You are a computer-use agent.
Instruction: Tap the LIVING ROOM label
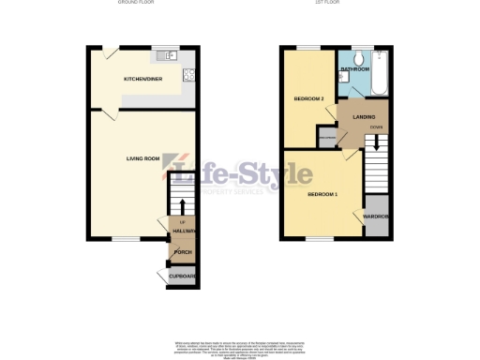tap(144, 157)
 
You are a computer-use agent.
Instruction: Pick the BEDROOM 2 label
tap(308, 98)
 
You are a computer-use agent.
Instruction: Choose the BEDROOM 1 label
tap(322, 194)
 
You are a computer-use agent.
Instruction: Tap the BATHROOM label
tap(354, 70)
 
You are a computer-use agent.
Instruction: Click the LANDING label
tap(352, 116)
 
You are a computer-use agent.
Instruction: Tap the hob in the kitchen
tap(189, 76)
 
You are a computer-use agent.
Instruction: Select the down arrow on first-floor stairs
tap(375, 144)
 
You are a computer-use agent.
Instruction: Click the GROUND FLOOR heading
tap(136, 4)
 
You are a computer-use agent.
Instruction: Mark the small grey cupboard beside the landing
tap(326, 138)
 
